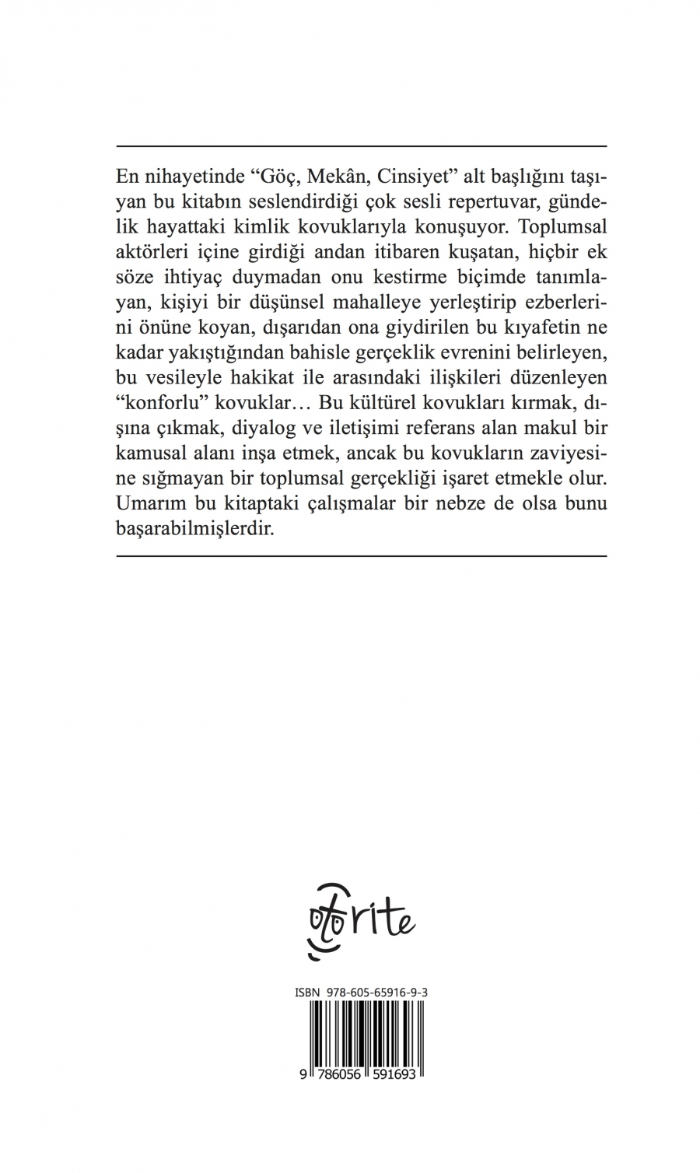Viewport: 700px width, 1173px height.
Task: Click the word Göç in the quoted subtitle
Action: (272, 175)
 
